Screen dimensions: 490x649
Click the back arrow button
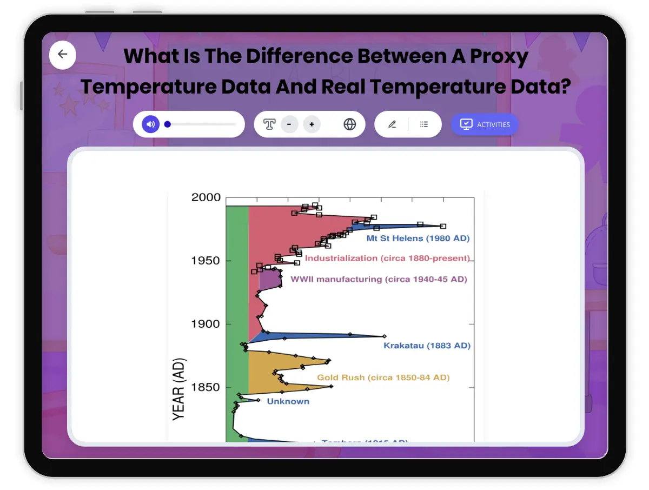[x=63, y=54]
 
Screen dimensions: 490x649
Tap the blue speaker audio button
[x=151, y=124]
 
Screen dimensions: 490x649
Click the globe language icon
[x=350, y=124]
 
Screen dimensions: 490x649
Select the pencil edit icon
[x=392, y=124]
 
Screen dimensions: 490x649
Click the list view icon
[x=424, y=124]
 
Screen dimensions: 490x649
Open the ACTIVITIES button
[x=485, y=124]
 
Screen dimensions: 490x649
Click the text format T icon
[x=269, y=124]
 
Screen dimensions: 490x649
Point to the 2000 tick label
[x=206, y=198]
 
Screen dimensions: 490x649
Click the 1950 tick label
[x=206, y=261]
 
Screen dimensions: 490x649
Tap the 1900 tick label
[x=206, y=324]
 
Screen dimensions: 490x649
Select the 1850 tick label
[x=206, y=387]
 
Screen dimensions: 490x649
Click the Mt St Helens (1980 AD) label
[x=418, y=238]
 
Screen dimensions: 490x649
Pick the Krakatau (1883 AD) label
[x=427, y=345]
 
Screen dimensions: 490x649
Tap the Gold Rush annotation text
[x=383, y=378]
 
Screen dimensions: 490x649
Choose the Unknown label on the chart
[x=288, y=401]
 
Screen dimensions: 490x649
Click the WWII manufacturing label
[x=379, y=280]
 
